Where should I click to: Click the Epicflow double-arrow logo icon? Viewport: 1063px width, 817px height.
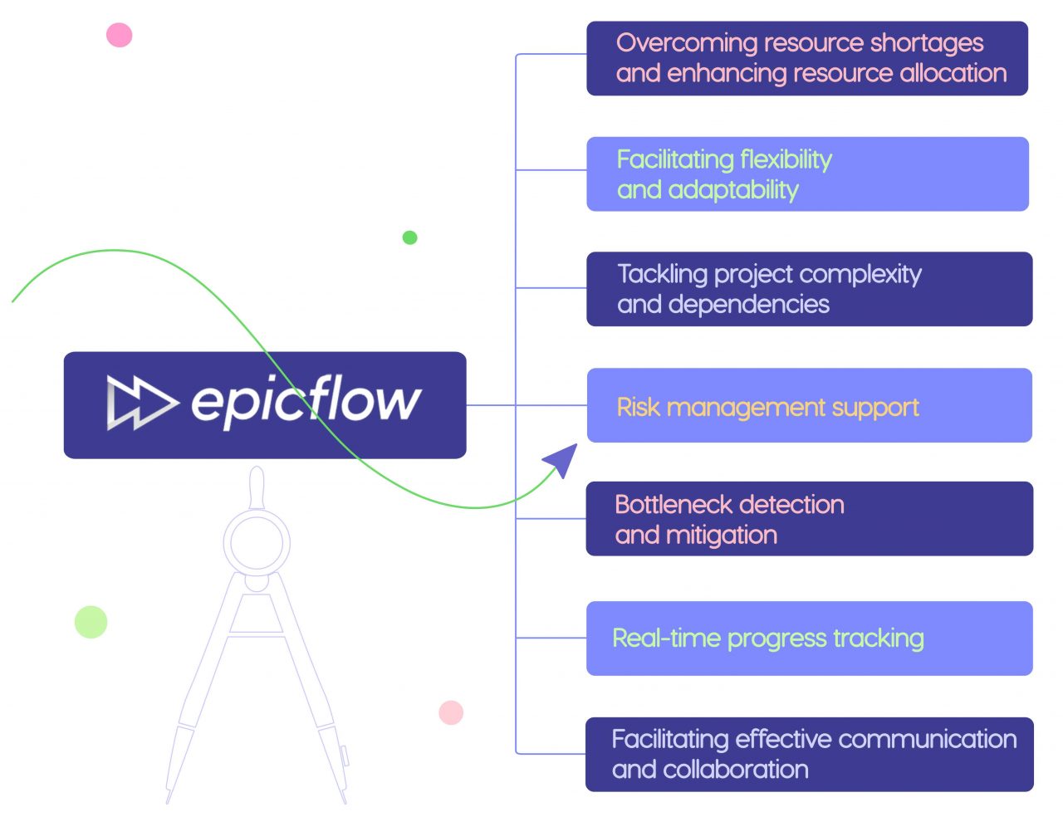(x=140, y=403)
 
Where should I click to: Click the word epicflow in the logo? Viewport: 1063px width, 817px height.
(x=306, y=402)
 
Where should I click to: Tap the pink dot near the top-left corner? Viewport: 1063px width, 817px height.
(x=120, y=35)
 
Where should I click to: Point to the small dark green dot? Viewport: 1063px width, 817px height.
(x=409, y=237)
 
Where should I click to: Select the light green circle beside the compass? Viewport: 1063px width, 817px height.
(x=91, y=622)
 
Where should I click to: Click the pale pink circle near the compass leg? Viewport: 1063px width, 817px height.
(x=451, y=712)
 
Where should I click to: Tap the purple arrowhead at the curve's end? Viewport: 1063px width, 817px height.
(x=561, y=459)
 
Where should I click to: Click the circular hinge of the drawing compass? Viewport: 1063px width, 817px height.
(x=257, y=542)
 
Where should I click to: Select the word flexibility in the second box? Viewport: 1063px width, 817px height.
(x=786, y=159)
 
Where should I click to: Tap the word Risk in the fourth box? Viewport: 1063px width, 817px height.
(x=638, y=407)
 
